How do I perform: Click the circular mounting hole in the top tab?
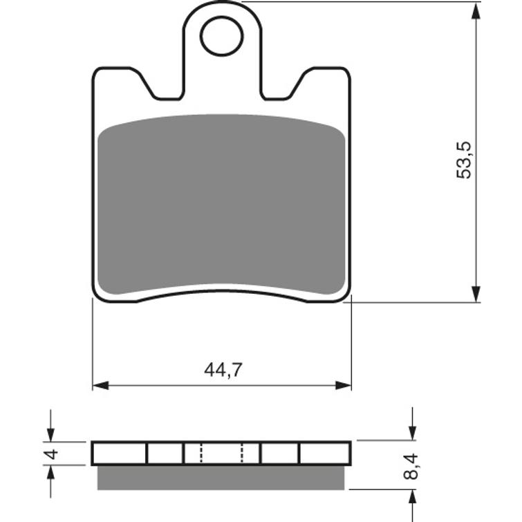click(x=221, y=36)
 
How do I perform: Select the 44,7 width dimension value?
click(x=222, y=370)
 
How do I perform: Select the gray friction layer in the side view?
click(x=221, y=477)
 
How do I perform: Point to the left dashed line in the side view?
click(x=201, y=454)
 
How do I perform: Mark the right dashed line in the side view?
click(x=242, y=454)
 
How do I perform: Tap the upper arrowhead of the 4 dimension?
click(x=50, y=433)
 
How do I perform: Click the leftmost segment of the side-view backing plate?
click(x=120, y=454)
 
